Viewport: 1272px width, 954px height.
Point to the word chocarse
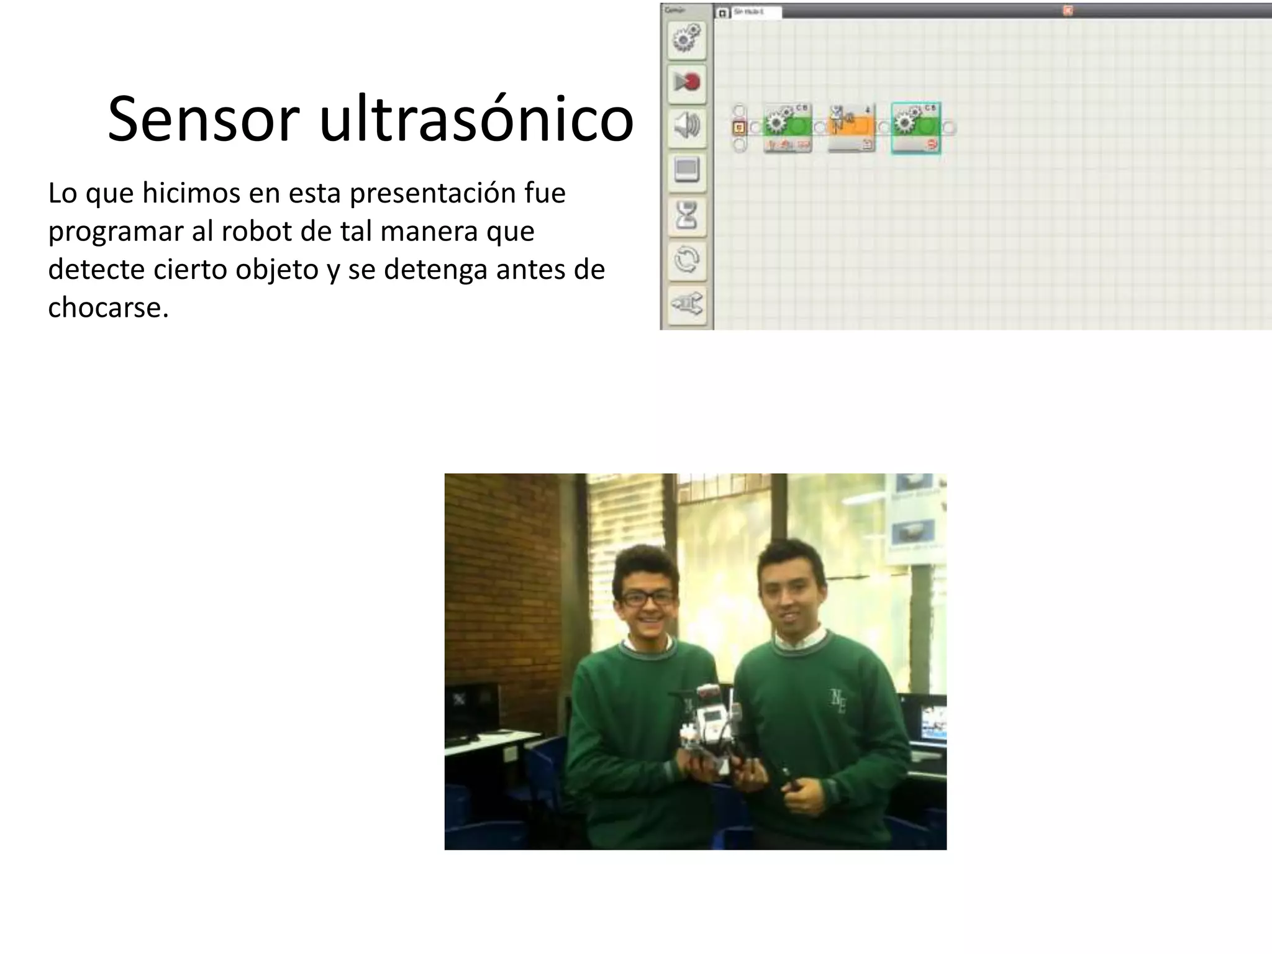click(x=108, y=307)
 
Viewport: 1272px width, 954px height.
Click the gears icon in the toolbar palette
click(x=686, y=39)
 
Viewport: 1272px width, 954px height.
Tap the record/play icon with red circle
click(x=686, y=82)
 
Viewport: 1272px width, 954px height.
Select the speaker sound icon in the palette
click(x=686, y=126)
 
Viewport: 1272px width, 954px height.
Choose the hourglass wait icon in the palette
click(x=686, y=215)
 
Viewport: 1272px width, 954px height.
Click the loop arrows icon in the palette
click(x=686, y=260)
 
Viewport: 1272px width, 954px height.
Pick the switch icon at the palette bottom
click(x=686, y=304)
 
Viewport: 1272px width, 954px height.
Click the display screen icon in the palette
click(x=686, y=170)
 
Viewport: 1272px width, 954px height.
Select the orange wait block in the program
click(x=852, y=127)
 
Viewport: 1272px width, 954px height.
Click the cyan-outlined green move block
click(x=915, y=127)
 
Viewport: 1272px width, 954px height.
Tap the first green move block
click(x=788, y=127)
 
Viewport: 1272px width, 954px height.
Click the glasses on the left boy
click(x=648, y=599)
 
